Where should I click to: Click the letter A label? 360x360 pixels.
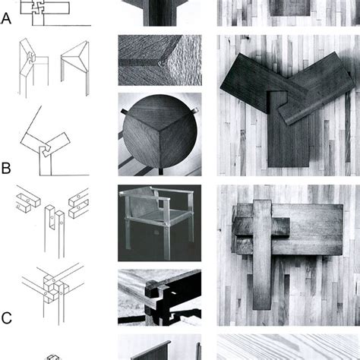[x=6, y=20]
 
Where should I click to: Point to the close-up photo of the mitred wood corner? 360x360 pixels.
[x=159, y=59]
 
